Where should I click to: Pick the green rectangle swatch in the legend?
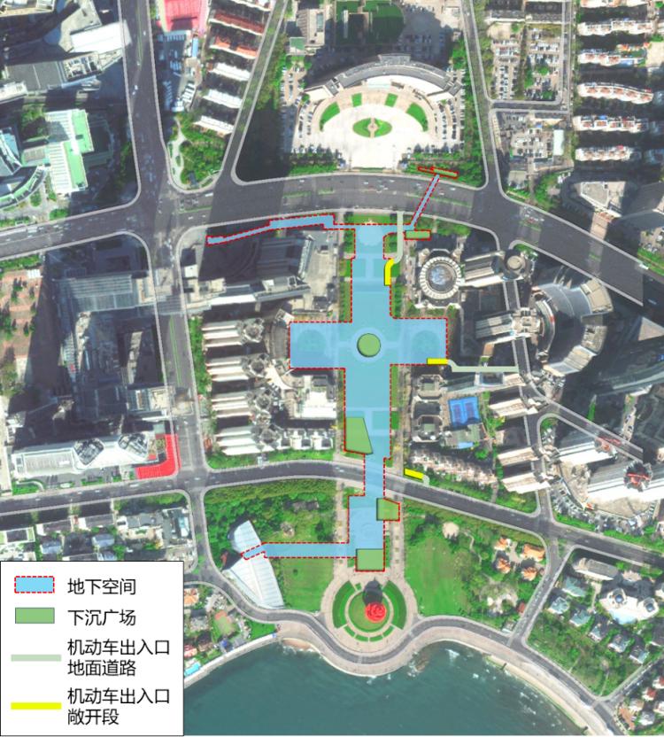tap(36, 617)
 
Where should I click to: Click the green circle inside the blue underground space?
tap(369, 344)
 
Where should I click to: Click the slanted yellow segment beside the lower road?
tap(413, 476)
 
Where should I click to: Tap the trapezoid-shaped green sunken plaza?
tap(357, 435)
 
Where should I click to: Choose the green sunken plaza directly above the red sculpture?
tap(370, 559)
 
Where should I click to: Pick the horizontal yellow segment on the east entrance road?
tap(436, 361)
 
